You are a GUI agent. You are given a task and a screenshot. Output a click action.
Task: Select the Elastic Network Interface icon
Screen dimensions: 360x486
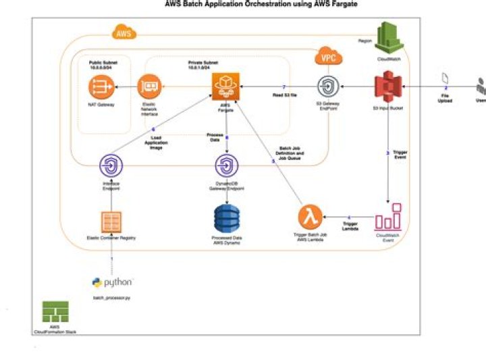pos(148,86)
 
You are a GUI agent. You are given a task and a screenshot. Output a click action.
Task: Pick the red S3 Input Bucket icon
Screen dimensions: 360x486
pos(388,88)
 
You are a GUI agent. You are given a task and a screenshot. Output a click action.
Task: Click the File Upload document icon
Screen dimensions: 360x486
pos(445,79)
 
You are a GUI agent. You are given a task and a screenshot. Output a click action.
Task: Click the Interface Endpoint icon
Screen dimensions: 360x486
pos(111,166)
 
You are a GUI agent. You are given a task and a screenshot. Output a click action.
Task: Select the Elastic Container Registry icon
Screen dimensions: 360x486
pos(111,222)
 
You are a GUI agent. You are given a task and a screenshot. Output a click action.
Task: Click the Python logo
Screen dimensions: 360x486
pos(112,282)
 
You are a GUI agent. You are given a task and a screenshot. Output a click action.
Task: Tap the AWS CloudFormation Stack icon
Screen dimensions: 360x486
pos(51,311)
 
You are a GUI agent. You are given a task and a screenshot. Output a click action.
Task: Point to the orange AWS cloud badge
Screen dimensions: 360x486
pos(122,32)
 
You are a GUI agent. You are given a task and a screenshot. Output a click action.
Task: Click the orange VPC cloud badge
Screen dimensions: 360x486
pos(328,57)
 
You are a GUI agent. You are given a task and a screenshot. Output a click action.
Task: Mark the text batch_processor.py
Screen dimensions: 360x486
pos(112,297)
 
